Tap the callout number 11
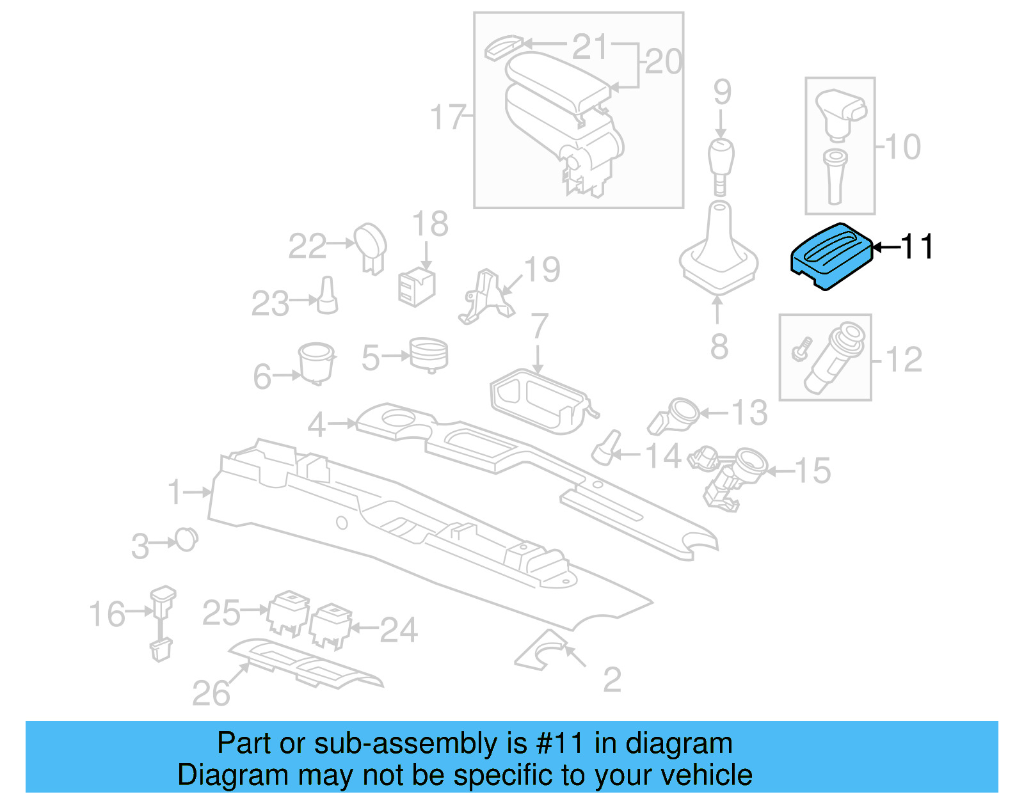point(917,247)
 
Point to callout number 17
point(447,118)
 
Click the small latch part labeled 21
point(504,47)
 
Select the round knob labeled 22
point(371,246)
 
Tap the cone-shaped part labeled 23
point(327,296)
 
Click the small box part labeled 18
point(416,287)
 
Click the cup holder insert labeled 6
point(316,362)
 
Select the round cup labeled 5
point(429,354)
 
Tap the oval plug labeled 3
point(186,540)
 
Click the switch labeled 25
point(289,612)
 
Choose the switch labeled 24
point(331,624)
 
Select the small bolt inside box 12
point(801,349)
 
